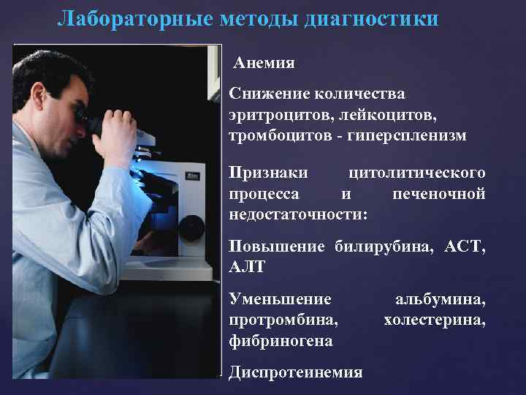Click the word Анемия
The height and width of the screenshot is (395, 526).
pos(265,63)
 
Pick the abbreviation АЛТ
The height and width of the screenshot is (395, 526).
pos(248,268)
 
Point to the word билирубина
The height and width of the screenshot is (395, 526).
pos(382,247)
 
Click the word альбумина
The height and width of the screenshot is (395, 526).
pos(440,300)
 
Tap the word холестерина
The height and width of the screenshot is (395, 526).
pos(434,320)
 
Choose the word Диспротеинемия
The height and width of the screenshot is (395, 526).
pos(295,373)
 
